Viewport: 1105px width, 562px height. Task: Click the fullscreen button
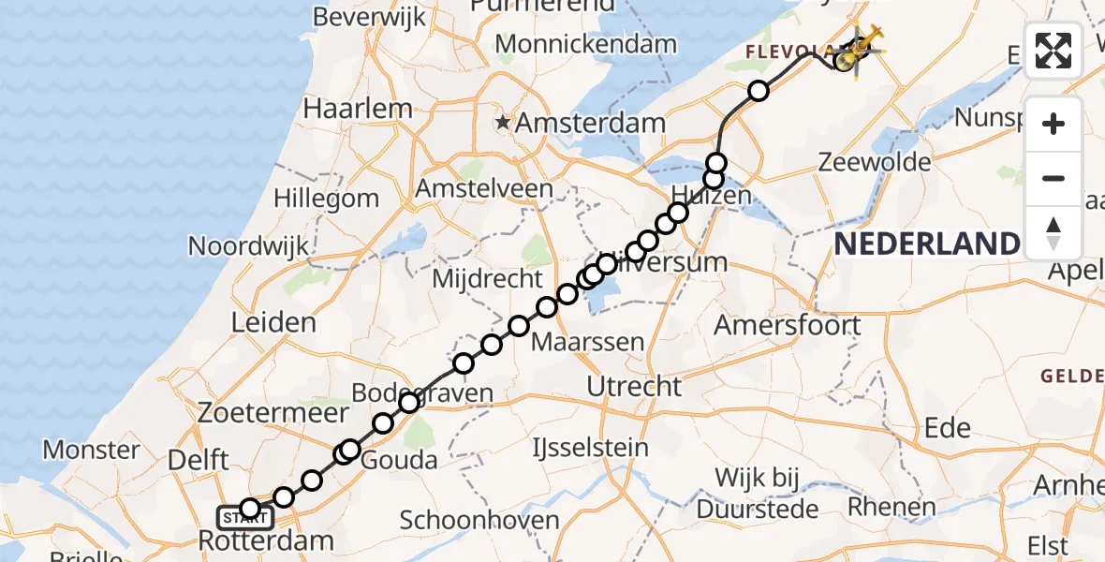click(x=1053, y=51)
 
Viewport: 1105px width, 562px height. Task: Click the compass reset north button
click(x=1053, y=233)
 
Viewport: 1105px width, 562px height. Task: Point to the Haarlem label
click(x=358, y=109)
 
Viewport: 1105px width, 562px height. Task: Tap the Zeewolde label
click(x=874, y=162)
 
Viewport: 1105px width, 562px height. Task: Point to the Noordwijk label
click(x=248, y=246)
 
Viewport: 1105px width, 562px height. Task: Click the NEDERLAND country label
click(x=925, y=244)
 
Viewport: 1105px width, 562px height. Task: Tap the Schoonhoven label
click(x=479, y=521)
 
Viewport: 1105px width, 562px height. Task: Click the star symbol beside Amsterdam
click(x=504, y=122)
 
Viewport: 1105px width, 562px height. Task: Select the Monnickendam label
click(x=585, y=44)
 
